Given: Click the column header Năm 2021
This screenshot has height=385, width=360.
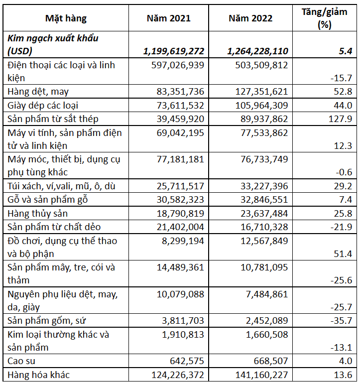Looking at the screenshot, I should coord(168,18).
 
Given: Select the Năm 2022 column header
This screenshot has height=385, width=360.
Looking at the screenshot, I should coord(250,18).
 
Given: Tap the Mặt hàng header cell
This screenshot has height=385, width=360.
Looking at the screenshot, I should coord(66,18).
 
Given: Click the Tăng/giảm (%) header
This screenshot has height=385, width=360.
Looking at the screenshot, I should coord(324,18).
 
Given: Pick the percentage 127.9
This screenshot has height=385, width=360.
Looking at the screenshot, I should coord(341,119).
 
